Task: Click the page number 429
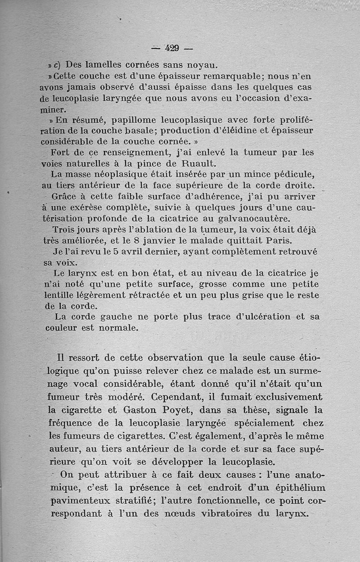click(x=172, y=48)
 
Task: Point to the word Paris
click(x=279, y=240)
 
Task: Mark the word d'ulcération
click(x=263, y=317)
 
